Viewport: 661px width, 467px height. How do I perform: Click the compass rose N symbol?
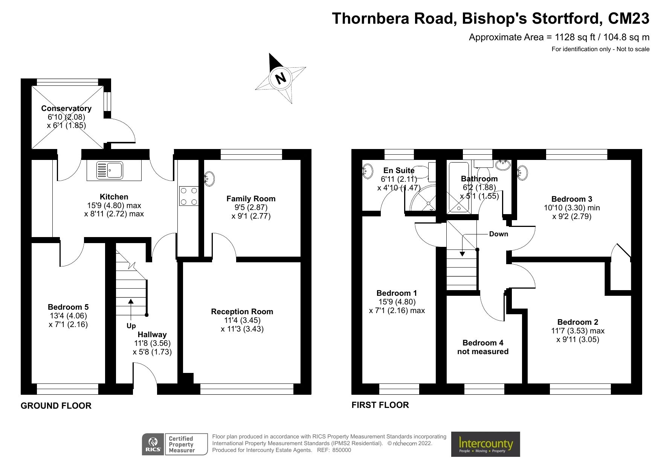pos(280,78)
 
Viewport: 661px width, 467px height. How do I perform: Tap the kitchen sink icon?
pos(110,170)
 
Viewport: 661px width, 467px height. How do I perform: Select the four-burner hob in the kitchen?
pos(189,196)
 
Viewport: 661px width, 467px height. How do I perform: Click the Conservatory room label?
pos(66,108)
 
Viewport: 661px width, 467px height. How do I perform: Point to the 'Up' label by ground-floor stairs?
pos(131,326)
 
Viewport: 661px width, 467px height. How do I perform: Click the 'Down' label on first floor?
pos(498,234)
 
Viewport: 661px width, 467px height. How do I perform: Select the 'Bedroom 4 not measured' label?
pos(482,347)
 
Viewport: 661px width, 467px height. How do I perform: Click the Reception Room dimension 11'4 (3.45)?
pos(242,320)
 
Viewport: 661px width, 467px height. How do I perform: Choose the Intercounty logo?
pos(485,444)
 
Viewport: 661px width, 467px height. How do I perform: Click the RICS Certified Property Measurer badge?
pos(175,444)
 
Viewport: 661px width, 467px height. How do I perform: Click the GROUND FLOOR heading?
pos(56,406)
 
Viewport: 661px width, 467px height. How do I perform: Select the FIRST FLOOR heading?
pos(380,405)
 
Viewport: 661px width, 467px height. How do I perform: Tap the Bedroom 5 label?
pos(68,307)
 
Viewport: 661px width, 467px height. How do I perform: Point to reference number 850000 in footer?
pos(341,450)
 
